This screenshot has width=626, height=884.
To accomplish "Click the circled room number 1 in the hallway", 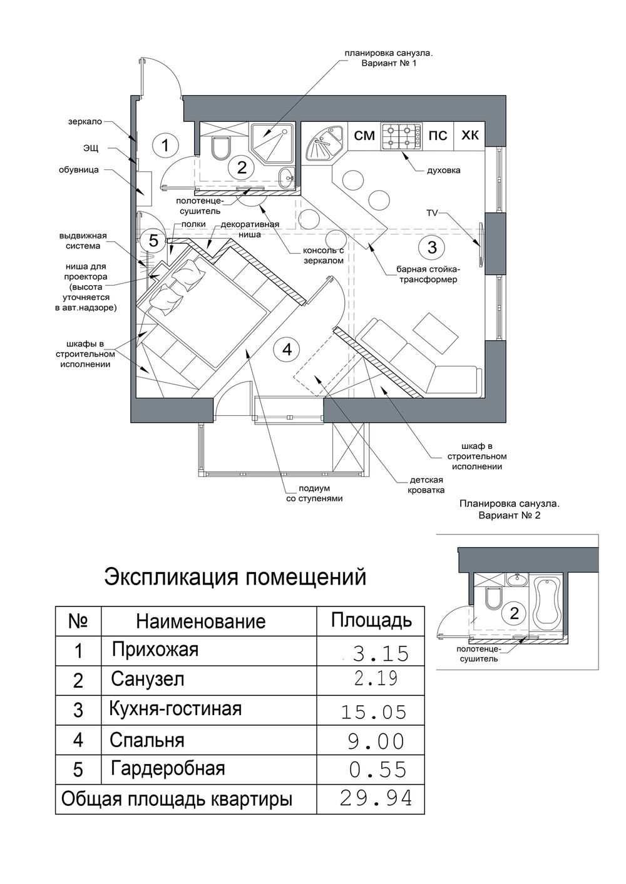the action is coord(165,145).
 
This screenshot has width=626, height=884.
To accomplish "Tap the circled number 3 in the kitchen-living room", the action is coord(432,248).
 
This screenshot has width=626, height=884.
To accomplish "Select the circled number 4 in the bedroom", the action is coord(287,349).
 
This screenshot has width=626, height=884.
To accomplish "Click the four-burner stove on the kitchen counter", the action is coord(401,136).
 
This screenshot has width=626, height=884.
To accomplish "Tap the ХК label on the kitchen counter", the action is coord(470,136).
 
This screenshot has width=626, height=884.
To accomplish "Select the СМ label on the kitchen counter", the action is coord(364,136).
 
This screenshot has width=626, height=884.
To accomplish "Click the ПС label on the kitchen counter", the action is coord(438,136).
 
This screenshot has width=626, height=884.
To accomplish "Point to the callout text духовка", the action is coord(443,171).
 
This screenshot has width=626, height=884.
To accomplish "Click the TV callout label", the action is coord(432,213).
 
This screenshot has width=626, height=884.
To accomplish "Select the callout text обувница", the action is coord(79,171).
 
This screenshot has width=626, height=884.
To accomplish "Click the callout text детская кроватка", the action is coord(427,485).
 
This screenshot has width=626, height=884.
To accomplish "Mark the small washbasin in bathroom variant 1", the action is coord(287,176).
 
